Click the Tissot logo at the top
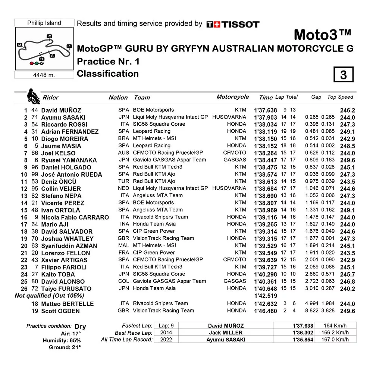coord(233,25)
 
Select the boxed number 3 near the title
coord(343,75)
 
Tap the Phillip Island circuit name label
coord(44,23)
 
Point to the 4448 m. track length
coord(44,75)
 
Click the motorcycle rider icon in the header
coord(33,97)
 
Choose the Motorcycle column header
coord(232,97)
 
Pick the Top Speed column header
coord(340,97)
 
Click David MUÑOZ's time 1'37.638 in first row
coord(265,110)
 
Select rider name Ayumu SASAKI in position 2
coord(63,117)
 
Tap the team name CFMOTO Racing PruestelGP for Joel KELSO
coord(168,153)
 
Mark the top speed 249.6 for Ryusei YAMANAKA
coord(347,160)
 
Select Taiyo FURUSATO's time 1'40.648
coord(265,289)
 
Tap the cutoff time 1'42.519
coord(265,296)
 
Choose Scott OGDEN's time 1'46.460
coord(265,311)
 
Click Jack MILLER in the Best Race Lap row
coord(226,333)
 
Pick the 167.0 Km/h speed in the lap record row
coord(335,340)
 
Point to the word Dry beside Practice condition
coord(80,327)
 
